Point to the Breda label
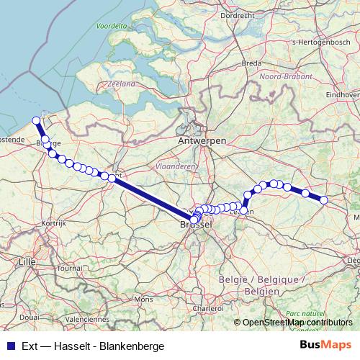pos(251,63)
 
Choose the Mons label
pos(144,298)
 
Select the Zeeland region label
pos(121,84)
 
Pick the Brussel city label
pos(196,225)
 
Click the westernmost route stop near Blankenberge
pos(36,121)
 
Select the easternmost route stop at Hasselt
pos(324,199)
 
